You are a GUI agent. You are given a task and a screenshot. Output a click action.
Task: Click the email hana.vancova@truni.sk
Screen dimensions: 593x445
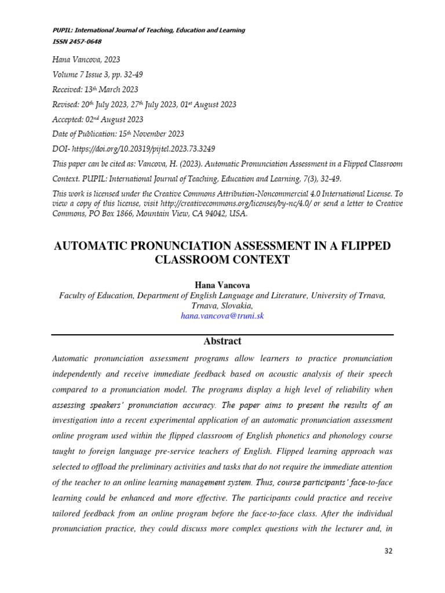click(222, 316)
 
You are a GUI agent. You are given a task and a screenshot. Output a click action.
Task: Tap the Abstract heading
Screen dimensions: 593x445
click(222, 341)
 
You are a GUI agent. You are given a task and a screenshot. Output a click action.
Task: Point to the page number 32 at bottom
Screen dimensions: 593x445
click(388, 551)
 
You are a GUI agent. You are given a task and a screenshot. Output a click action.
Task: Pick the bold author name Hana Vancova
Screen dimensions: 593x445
click(222, 285)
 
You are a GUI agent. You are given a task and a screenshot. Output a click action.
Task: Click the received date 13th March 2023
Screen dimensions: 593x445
click(112, 89)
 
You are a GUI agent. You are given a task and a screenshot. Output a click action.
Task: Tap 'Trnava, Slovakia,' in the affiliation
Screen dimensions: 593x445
click(222, 306)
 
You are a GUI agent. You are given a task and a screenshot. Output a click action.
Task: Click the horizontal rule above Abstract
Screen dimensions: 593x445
click(222, 335)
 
